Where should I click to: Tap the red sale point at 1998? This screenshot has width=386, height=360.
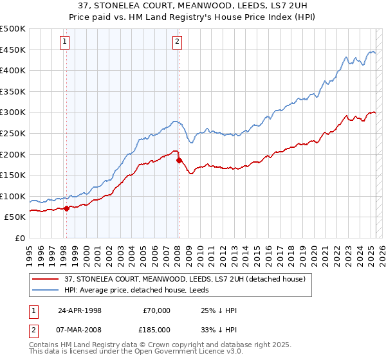tap(66, 208)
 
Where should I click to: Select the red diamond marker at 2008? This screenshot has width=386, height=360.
tap(179, 160)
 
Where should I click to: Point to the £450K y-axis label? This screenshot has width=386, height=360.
tap(13, 50)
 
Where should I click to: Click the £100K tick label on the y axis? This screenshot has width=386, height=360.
tap(13, 196)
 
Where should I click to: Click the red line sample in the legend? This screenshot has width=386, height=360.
tap(46, 278)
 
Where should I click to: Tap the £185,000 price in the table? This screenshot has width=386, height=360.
tap(157, 329)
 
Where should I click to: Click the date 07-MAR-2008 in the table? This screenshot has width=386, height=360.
tap(80, 329)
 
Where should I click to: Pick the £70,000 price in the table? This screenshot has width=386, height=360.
tap(157, 310)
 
